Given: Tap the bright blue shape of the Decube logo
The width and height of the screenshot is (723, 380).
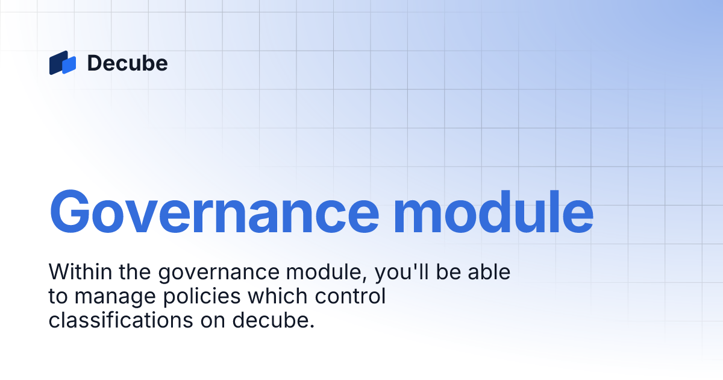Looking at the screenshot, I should point(69,65).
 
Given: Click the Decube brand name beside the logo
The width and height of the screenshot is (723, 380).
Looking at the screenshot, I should point(127,63).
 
